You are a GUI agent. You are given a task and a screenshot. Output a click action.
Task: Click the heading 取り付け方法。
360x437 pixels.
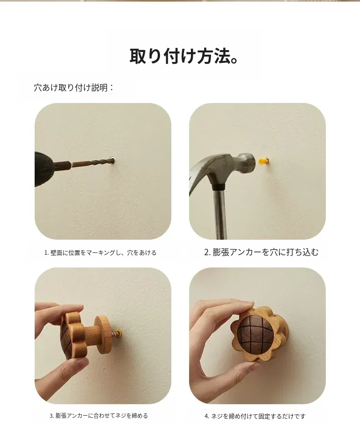click(x=184, y=57)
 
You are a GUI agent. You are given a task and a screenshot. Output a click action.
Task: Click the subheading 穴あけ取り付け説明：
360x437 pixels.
click(x=74, y=87)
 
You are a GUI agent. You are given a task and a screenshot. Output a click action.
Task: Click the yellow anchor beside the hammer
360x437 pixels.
click(x=263, y=161)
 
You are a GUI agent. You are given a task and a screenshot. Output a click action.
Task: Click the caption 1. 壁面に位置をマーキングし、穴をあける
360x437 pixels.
click(x=100, y=253)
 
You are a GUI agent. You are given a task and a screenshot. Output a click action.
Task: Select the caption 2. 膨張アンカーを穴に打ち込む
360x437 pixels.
click(x=261, y=252)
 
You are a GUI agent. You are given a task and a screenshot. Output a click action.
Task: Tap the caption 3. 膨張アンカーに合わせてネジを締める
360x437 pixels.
click(x=98, y=416)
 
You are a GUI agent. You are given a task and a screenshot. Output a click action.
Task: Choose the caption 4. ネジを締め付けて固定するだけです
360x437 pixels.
click(x=255, y=416)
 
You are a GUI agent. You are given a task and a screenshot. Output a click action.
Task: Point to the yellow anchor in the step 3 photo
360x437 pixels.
click(x=119, y=333)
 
